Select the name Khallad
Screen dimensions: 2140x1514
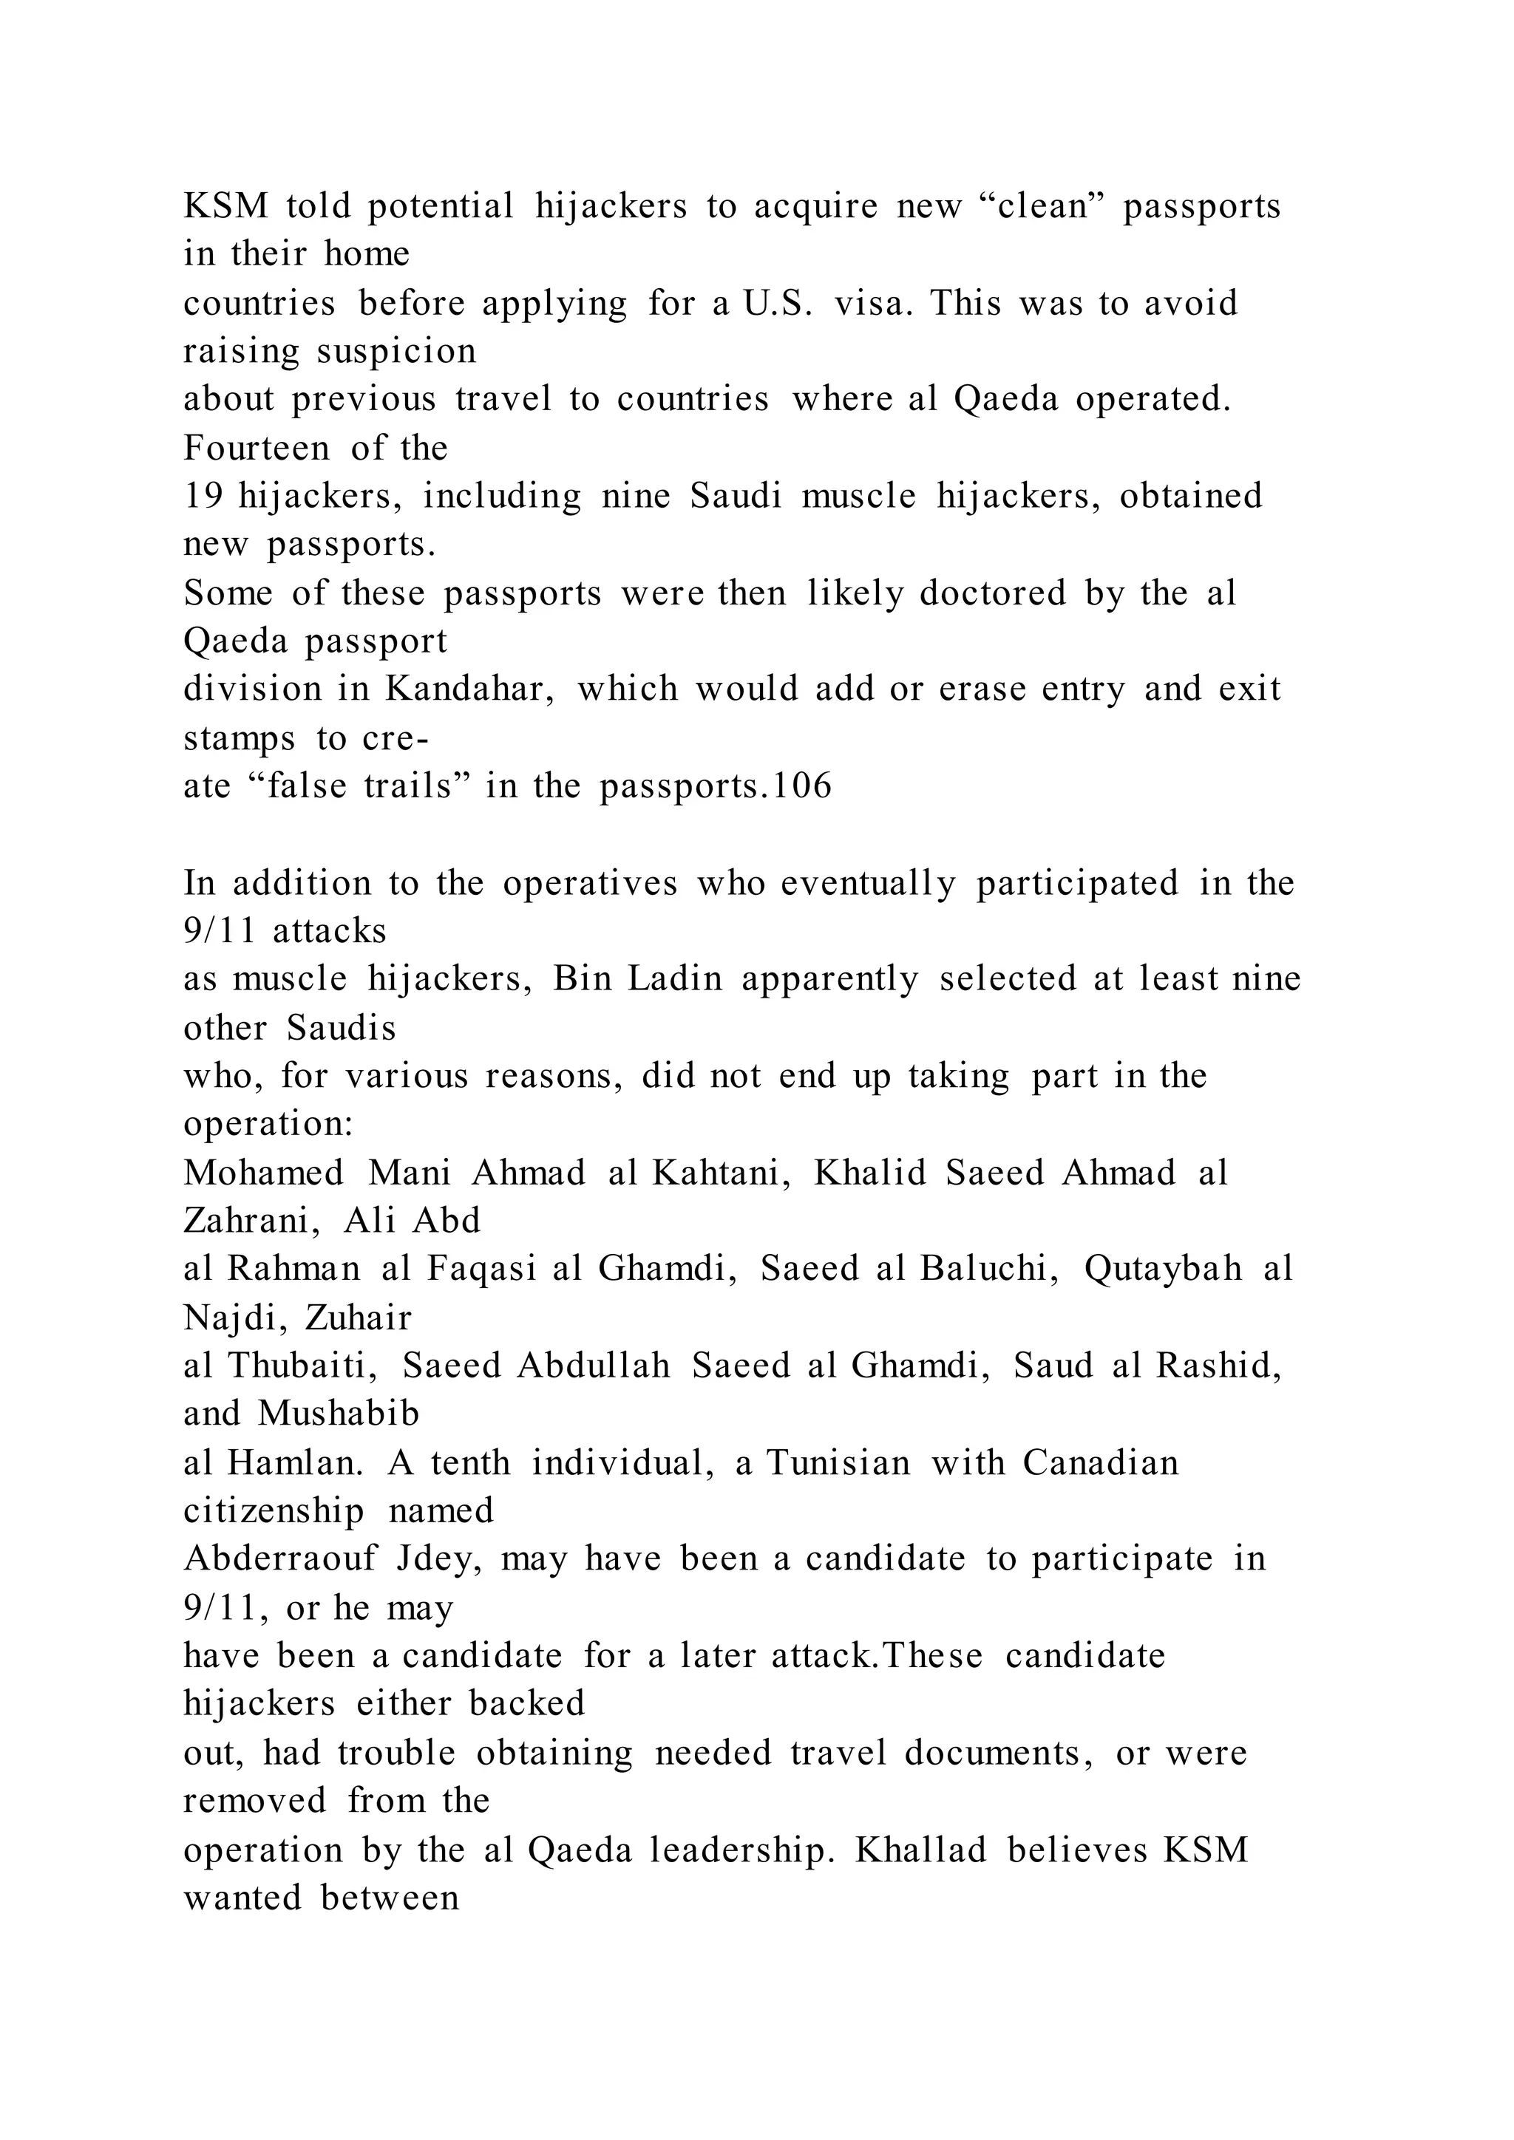tap(921, 1849)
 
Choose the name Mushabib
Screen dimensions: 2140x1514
tap(339, 1413)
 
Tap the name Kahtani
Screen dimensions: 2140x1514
tap(722, 1173)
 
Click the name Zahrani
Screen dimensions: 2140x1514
tap(253, 1220)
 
